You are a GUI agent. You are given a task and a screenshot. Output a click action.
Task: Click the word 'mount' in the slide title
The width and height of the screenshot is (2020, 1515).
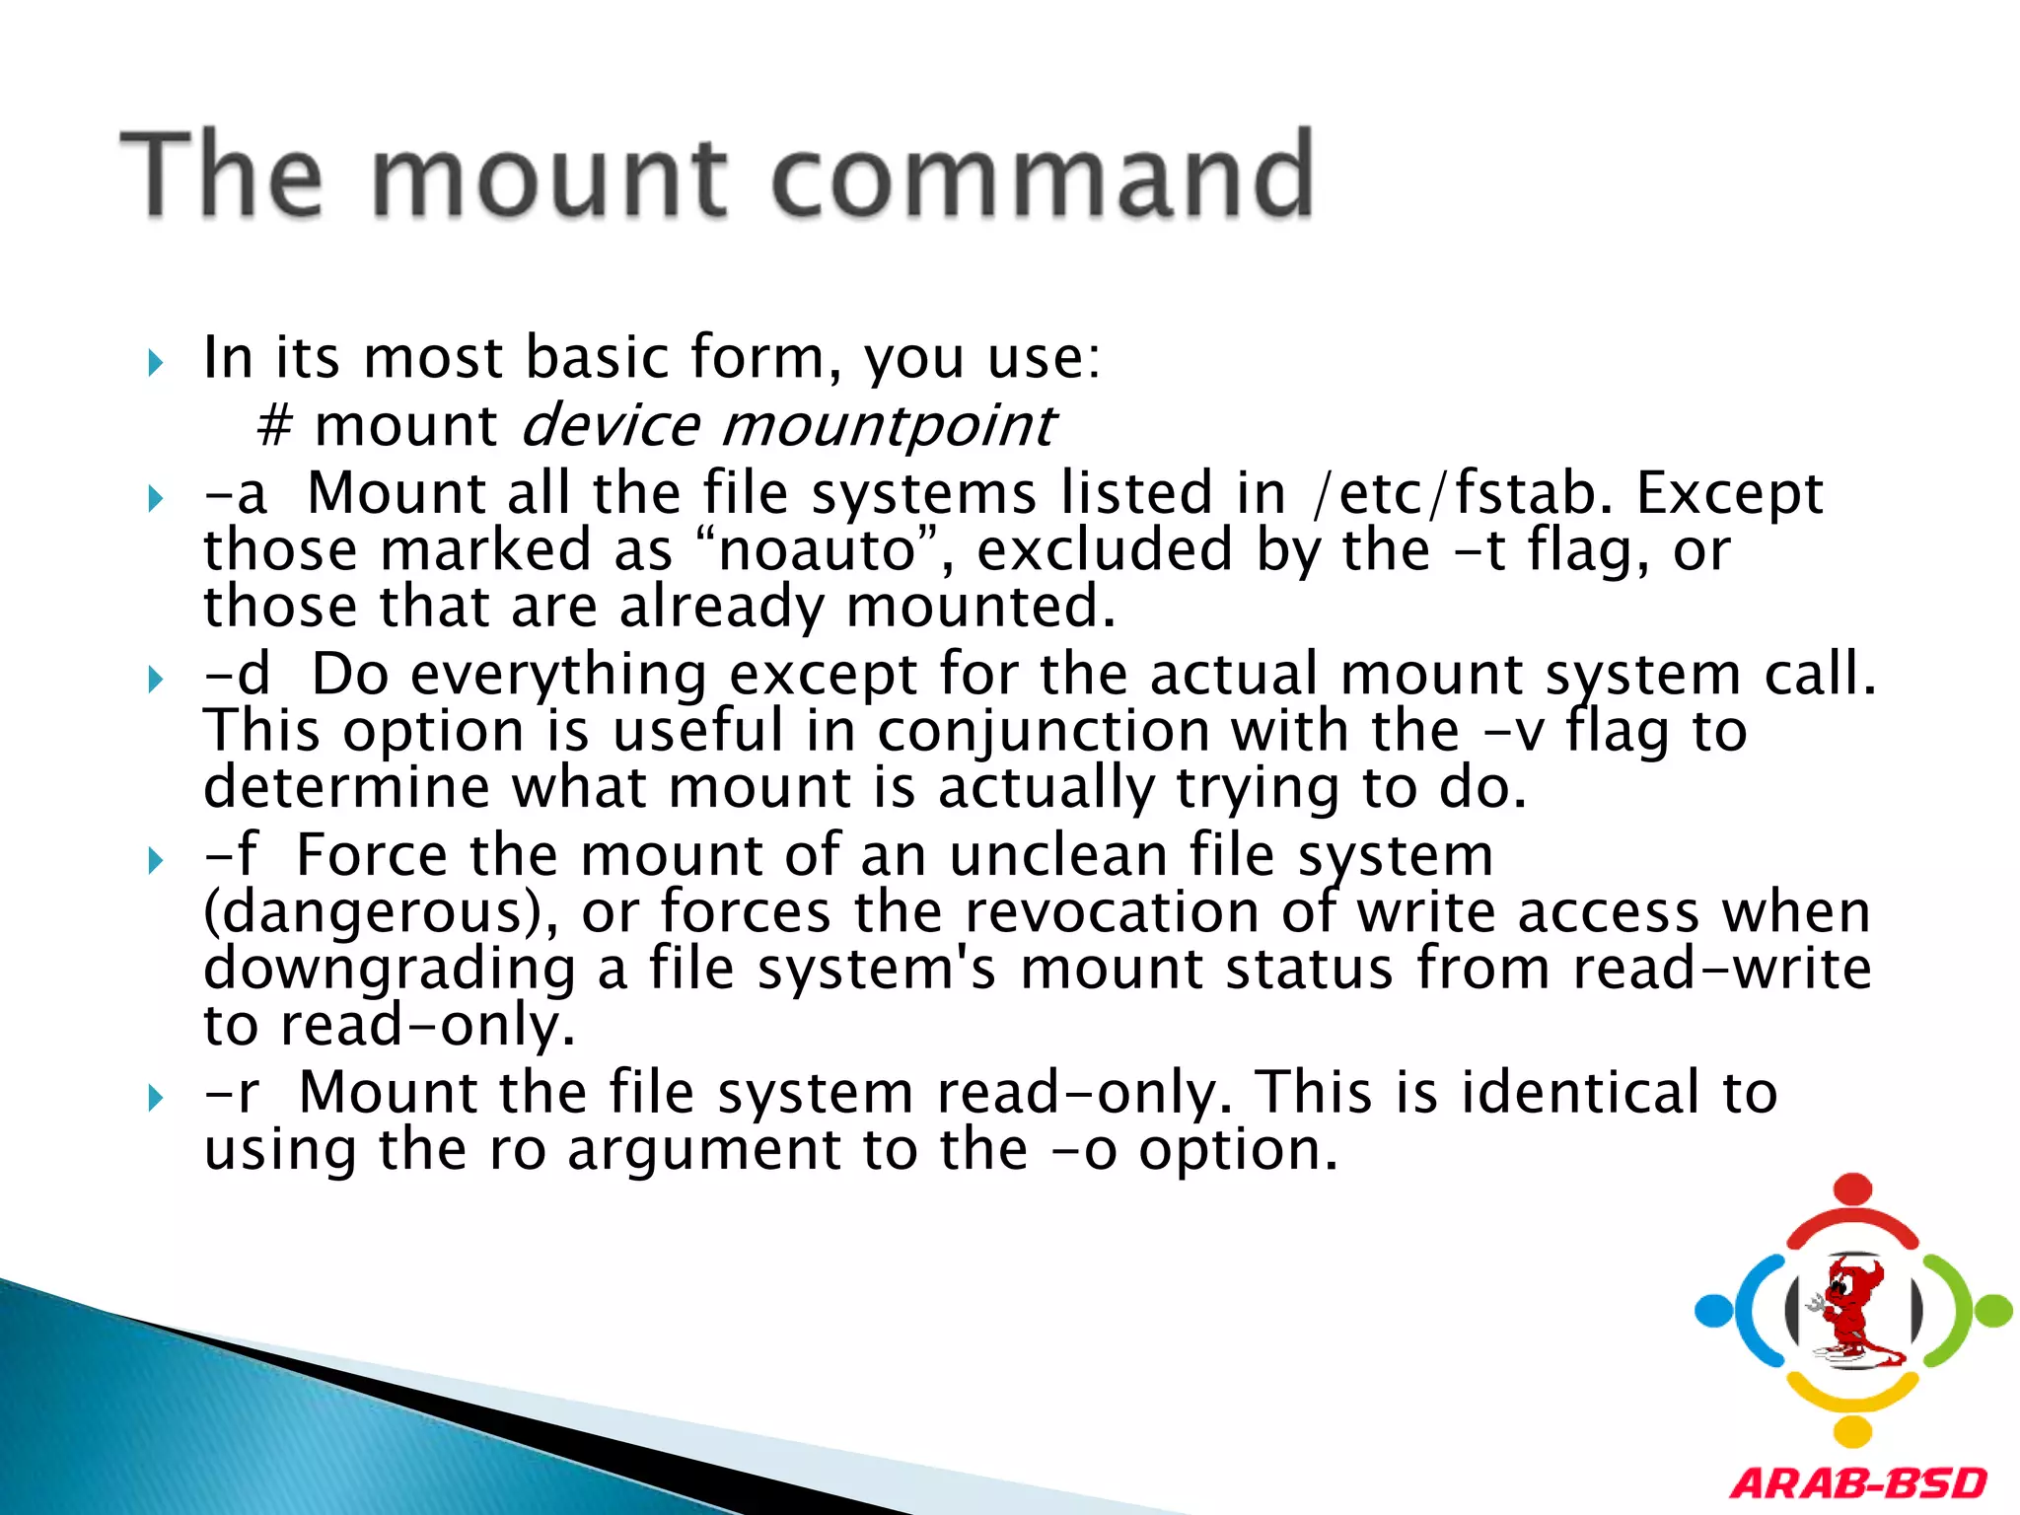tap(548, 178)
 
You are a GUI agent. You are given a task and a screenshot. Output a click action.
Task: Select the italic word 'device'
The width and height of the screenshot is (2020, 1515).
tap(610, 424)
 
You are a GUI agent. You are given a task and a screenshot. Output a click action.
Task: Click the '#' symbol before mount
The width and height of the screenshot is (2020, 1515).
tap(274, 426)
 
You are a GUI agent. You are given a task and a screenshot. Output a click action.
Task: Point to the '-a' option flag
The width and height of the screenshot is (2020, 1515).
tap(235, 493)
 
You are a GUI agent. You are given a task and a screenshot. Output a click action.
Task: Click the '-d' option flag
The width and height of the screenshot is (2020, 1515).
tap(237, 674)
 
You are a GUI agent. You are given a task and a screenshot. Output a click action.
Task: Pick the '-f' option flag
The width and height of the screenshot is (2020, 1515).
tap(231, 854)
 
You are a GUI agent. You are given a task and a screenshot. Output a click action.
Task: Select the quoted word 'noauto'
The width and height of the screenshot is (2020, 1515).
tap(818, 549)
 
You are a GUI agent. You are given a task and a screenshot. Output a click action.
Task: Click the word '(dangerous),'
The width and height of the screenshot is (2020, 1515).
tap(381, 913)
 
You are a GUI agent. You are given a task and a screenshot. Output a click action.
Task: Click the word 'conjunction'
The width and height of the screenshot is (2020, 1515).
tap(1044, 733)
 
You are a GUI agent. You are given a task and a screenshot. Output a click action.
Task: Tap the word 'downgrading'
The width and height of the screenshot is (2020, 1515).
tap(390, 970)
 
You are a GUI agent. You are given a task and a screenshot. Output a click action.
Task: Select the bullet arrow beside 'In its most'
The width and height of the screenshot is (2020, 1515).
tap(155, 363)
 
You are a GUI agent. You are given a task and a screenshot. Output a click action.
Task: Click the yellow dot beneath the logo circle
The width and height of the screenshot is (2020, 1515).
tap(1853, 1431)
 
